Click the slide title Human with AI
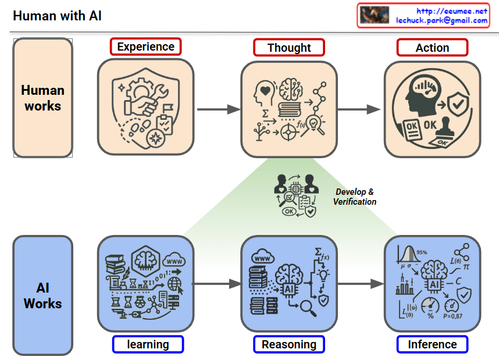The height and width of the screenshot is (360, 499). coord(57,16)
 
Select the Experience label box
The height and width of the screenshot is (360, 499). coord(145,47)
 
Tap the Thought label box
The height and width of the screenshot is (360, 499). coord(289,48)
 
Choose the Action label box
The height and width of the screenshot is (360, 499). coord(432,48)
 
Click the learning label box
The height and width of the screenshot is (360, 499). coord(148,344)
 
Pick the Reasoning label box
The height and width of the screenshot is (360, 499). coord(289,344)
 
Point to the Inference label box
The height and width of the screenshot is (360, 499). coord(432,344)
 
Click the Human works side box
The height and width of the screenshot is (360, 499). coord(42,98)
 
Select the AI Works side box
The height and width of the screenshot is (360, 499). coord(42,295)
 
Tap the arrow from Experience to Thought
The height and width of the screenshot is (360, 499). coord(218,109)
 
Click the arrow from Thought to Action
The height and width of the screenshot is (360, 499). coord(359,109)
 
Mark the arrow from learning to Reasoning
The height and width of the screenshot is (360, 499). coord(216,284)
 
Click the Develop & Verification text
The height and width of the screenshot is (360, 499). coord(355,197)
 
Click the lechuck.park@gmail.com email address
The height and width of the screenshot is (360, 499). coord(442,20)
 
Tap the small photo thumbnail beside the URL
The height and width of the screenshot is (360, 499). coord(374,15)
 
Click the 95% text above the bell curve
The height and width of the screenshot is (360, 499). coord(422,252)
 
